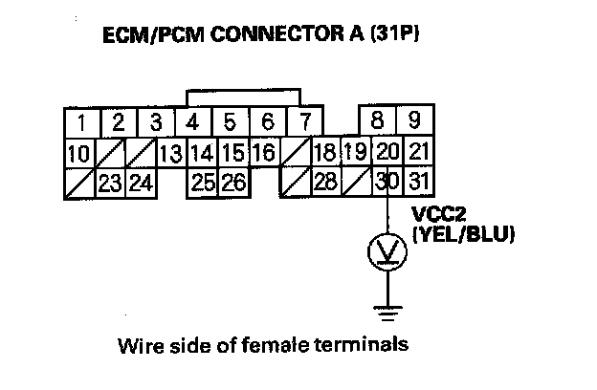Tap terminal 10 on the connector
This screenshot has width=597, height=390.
tap(80, 153)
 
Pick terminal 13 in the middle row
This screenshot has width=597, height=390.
tap(171, 153)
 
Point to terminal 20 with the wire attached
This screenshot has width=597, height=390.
tap(388, 153)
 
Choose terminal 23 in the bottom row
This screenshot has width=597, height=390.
tap(109, 182)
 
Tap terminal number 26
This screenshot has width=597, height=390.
tap(232, 182)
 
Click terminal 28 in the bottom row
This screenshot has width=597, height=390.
tap(323, 182)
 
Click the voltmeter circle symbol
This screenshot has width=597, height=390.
tap(387, 253)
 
